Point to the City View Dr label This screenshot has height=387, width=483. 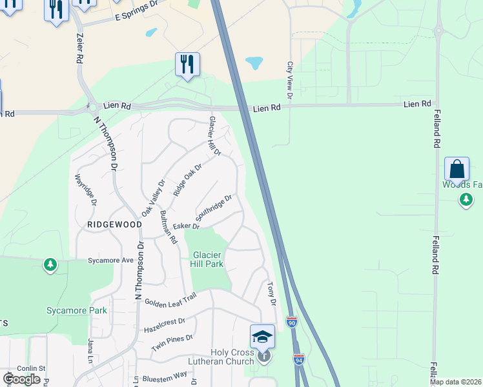pyautogui.click(x=290, y=80)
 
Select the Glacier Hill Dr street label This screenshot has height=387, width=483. pyautogui.click(x=215, y=136)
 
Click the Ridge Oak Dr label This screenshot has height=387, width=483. pyautogui.click(x=188, y=180)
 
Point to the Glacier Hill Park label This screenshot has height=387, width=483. pyautogui.click(x=207, y=259)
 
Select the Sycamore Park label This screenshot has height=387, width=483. pyautogui.click(x=76, y=310)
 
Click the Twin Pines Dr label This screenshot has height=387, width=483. pyautogui.click(x=172, y=342)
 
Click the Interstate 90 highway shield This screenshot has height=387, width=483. pyautogui.click(x=291, y=320)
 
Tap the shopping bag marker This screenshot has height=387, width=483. pyautogui.click(x=457, y=170)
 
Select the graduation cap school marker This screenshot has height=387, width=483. pyautogui.click(x=262, y=337)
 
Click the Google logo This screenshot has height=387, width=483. pyautogui.click(x=21, y=379)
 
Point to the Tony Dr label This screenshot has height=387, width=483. pyautogui.click(x=272, y=293)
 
